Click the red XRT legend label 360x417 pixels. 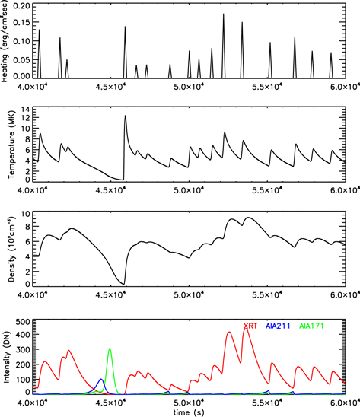tap(250, 326)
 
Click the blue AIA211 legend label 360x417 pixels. tap(279, 326)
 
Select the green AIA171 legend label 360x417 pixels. tap(311, 326)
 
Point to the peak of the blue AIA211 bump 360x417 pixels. tap(100, 379)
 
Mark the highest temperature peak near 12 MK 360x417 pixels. tap(126, 116)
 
